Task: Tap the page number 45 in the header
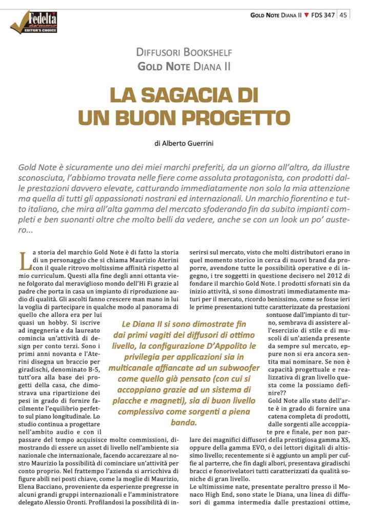(x=343, y=15)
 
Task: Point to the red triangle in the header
(x=306, y=15)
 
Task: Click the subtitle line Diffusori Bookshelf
(x=184, y=53)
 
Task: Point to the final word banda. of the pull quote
(x=183, y=423)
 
